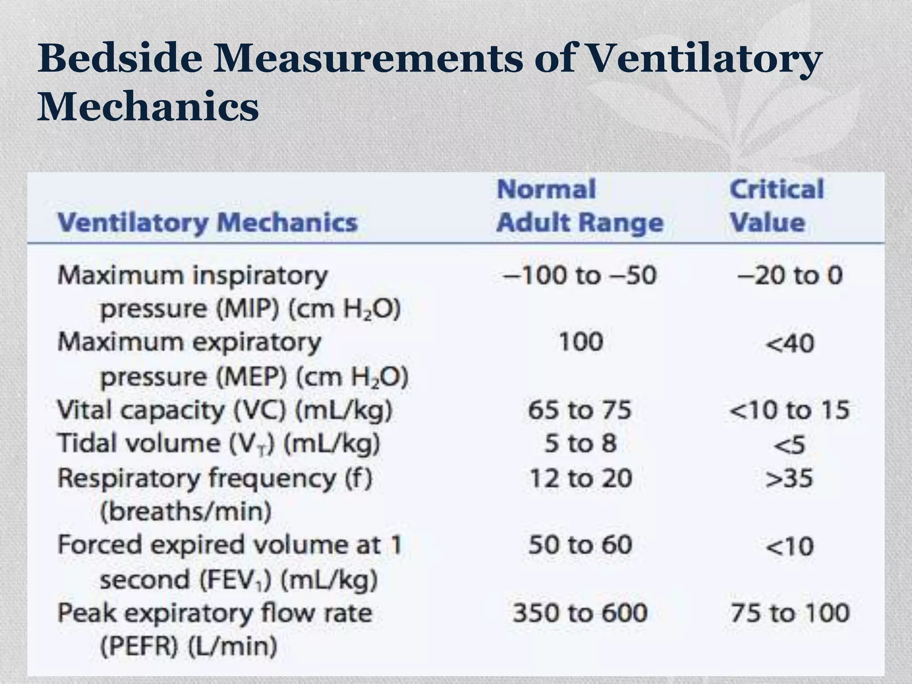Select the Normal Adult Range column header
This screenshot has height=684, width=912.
click(580, 206)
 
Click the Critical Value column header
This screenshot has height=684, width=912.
click(777, 206)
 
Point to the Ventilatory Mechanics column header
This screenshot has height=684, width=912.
click(208, 222)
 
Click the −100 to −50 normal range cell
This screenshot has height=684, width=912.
click(580, 275)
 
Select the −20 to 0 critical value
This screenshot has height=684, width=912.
click(790, 275)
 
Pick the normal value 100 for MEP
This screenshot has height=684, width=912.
click(581, 342)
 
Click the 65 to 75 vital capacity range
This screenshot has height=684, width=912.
click(580, 410)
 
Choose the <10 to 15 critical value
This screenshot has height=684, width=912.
click(790, 410)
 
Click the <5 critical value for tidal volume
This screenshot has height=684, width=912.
click(790, 445)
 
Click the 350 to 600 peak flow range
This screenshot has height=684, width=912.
click(580, 613)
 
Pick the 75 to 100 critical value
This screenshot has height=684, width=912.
click(790, 613)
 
